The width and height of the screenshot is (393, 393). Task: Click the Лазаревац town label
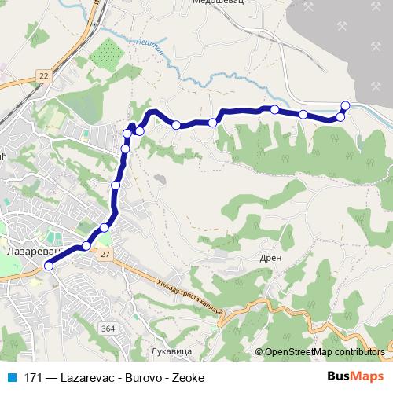point(28,254)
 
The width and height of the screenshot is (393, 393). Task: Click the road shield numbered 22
point(42,75)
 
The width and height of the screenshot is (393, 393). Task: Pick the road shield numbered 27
point(105,254)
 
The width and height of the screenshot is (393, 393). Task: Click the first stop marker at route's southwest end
point(48,266)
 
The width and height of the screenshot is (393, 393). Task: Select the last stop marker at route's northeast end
point(345,105)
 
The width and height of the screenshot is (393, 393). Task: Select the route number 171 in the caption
point(32,377)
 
